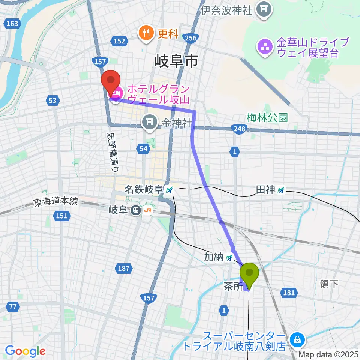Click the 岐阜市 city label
[x=177, y=60]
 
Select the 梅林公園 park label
[x=267, y=118]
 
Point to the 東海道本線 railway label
[x=55, y=202]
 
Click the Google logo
[x=25, y=351]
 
